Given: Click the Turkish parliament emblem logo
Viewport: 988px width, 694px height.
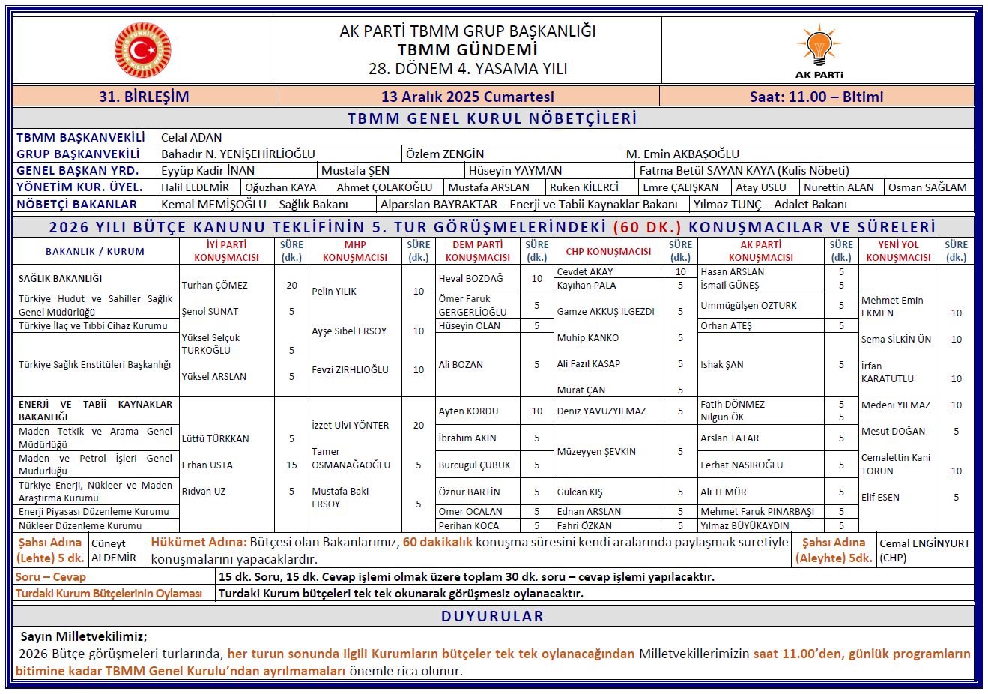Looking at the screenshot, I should coord(142,50).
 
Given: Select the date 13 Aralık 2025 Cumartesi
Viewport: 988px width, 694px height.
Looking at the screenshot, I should coord(467,97).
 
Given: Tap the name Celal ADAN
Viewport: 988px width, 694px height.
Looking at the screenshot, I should coord(191,137).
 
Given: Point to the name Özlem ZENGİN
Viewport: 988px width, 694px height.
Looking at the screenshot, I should coord(444,154).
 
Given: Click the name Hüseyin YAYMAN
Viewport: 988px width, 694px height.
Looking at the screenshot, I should coord(515,170).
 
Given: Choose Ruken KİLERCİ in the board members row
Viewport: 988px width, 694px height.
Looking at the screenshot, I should coord(584,187).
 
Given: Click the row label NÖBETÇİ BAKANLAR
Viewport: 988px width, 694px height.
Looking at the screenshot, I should coord(76,204).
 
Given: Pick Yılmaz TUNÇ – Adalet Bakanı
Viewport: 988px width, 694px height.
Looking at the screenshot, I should coord(769,204).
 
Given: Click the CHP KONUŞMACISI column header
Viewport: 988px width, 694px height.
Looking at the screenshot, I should coord(608,251).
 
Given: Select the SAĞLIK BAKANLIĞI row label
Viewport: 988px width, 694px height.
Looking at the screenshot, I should coord(60,278).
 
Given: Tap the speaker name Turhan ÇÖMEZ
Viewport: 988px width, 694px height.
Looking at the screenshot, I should coord(214,285).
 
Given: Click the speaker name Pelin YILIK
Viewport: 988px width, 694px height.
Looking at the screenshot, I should coord(334,291).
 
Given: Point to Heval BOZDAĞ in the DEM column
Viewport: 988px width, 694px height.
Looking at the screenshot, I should coord(470,278).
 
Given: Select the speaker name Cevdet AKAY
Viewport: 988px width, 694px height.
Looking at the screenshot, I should coord(584,271).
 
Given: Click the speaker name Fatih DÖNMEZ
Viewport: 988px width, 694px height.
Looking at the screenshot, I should coord(733,404).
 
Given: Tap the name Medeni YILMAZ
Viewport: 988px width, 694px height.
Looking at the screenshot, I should coord(895,405).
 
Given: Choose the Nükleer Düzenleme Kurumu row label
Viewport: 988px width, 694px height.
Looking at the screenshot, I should coord(79,525).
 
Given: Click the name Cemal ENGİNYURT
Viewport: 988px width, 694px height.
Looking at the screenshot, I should coord(924,543).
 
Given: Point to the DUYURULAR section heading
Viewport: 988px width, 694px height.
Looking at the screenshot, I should coord(492,616).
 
